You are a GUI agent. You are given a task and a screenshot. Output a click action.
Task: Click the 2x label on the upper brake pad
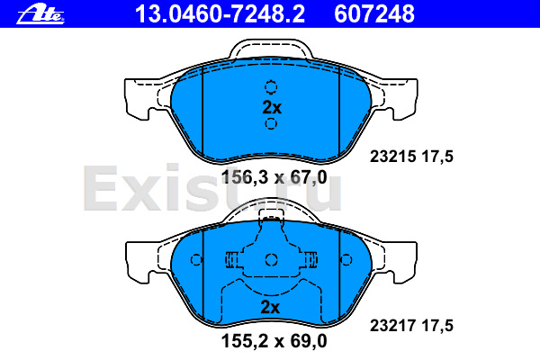tap(271, 106)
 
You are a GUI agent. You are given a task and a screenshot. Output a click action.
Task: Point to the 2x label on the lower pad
tap(271, 307)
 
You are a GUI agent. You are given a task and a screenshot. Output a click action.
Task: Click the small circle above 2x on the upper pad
tap(271, 87)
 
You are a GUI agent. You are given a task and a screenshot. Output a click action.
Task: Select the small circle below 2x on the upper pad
tap(271, 123)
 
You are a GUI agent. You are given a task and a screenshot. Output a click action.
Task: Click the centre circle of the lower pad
tap(271, 260)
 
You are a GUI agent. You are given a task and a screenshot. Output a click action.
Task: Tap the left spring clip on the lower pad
tap(232, 260)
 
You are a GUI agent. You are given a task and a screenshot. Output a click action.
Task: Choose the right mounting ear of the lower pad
tap(406, 261)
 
